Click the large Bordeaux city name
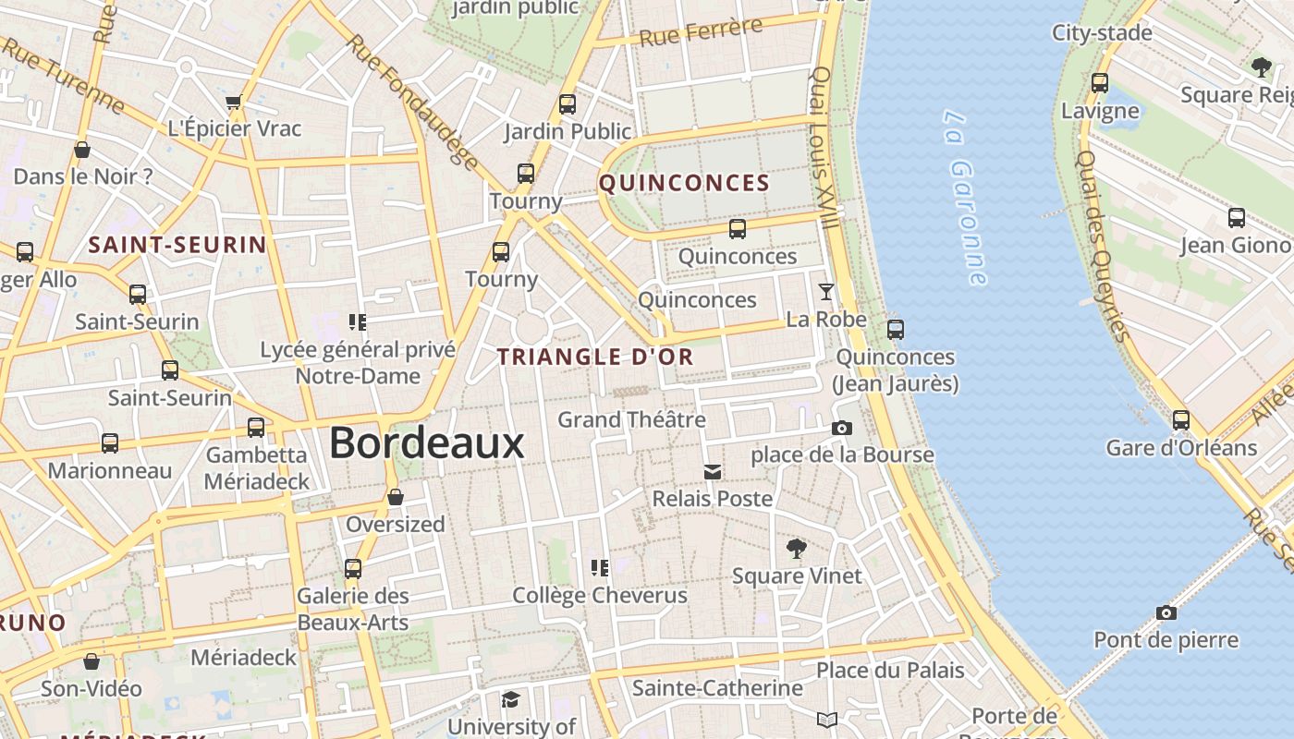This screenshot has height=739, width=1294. pos(426,443)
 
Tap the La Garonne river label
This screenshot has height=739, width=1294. pos(967,198)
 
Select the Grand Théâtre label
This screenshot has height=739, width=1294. pos(631,419)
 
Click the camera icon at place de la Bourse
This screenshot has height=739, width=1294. pos(841,428)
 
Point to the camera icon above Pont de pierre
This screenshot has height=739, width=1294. pos(1166,612)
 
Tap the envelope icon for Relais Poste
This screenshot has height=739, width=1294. pos(712,472)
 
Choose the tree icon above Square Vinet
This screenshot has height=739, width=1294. pos(796,549)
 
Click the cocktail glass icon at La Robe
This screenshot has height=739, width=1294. pos(825,292)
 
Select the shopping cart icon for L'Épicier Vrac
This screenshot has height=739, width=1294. pos(234,102)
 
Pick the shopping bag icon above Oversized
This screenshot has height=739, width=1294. pos(396,497)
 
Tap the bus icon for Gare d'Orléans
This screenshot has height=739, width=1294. pos(1180,420)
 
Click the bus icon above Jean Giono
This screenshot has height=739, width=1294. pos(1236,218)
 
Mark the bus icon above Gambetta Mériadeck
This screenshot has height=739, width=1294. pos(256,428)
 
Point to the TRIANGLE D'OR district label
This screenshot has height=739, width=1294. pos(595,357)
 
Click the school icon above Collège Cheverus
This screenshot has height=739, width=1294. pos(600,567)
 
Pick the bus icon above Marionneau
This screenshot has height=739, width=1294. pos(110,443)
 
